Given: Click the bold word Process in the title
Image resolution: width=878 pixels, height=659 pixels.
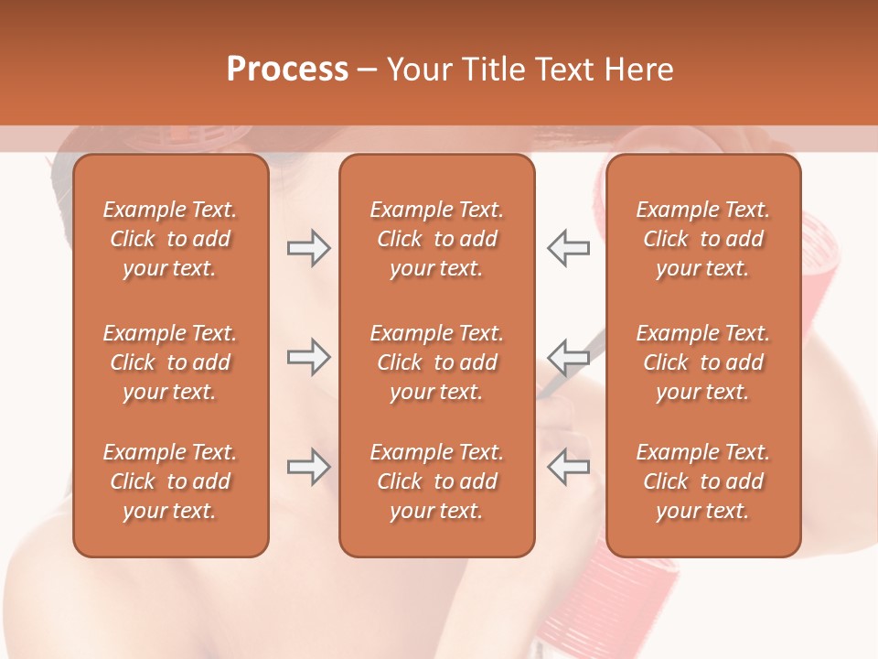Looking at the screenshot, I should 287,70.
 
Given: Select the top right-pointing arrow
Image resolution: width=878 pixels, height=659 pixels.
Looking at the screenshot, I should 308,248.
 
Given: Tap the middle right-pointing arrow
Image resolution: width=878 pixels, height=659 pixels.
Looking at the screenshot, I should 308,357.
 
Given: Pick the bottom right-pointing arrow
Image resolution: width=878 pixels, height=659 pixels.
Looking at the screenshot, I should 308,467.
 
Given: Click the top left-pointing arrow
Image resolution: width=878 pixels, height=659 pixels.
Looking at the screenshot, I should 569,248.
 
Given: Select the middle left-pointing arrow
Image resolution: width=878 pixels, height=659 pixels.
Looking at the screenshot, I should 569,357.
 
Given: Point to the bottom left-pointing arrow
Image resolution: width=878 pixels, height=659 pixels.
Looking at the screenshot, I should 569,467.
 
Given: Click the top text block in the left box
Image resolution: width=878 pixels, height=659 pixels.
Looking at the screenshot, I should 170,239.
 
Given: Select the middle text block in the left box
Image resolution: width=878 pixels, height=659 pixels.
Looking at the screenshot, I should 170,362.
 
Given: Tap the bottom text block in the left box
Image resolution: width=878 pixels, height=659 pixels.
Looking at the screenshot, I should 170,481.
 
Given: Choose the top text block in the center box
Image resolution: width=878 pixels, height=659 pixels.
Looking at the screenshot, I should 436,239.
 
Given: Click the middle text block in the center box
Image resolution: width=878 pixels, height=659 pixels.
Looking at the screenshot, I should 436,362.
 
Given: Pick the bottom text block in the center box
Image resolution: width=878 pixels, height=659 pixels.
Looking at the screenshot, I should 436,481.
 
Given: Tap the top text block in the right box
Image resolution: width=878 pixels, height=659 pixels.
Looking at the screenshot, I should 703,239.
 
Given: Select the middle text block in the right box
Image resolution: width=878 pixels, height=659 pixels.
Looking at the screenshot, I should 703,362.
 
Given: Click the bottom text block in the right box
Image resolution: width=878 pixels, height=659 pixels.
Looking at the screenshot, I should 703,481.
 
